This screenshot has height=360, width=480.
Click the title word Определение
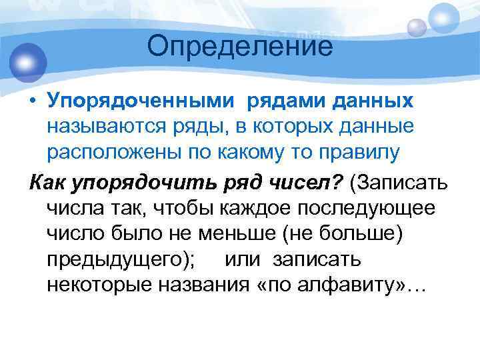coord(240,47)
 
